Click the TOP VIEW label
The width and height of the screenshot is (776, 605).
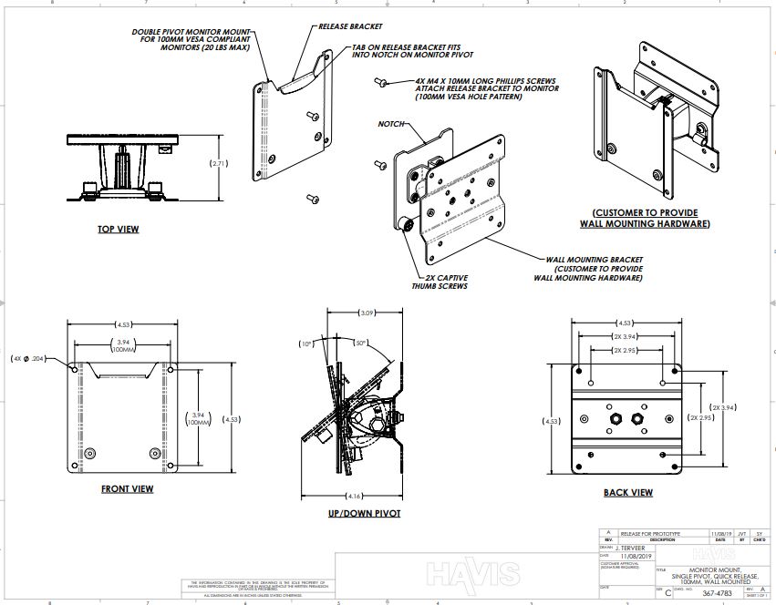pyautogui.click(x=119, y=229)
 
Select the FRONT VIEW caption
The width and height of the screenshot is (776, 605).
pyautogui.click(x=127, y=489)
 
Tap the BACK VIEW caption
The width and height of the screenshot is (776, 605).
pyautogui.click(x=627, y=493)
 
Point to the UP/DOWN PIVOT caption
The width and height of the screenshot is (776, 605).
pyautogui.click(x=363, y=513)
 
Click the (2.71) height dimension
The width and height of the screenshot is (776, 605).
pyautogui.click(x=219, y=164)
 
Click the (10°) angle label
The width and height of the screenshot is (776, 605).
pyautogui.click(x=306, y=344)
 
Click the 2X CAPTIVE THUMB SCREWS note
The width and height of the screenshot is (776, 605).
pyautogui.click(x=442, y=281)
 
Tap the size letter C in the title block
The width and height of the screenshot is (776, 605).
pyautogui.click(x=668, y=592)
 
